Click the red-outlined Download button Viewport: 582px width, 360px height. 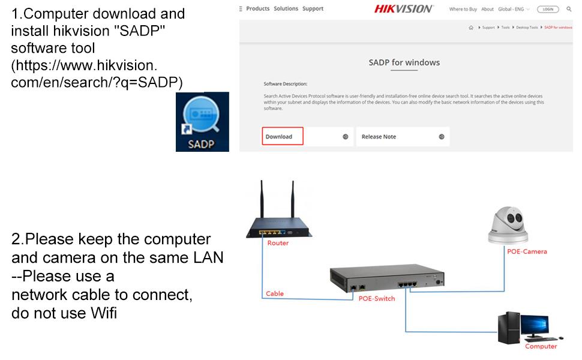(283, 137)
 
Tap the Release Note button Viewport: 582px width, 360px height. (403, 137)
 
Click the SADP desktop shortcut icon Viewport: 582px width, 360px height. (202, 122)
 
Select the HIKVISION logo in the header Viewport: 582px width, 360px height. (404, 9)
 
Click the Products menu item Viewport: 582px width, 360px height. (258, 9)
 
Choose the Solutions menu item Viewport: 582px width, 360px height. (286, 9)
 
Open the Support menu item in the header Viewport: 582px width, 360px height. (313, 9)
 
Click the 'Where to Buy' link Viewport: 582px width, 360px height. (463, 9)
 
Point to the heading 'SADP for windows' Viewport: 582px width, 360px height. (404, 62)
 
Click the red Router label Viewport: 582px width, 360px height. (278, 243)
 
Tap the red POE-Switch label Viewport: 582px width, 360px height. (377, 298)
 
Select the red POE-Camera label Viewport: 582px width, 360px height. (527, 251)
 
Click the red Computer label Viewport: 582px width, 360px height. (541, 346)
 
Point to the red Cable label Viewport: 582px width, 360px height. (275, 293)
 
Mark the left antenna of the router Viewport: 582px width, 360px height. (262, 203)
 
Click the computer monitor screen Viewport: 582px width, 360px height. (534, 325)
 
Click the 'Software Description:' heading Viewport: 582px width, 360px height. (286, 84)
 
